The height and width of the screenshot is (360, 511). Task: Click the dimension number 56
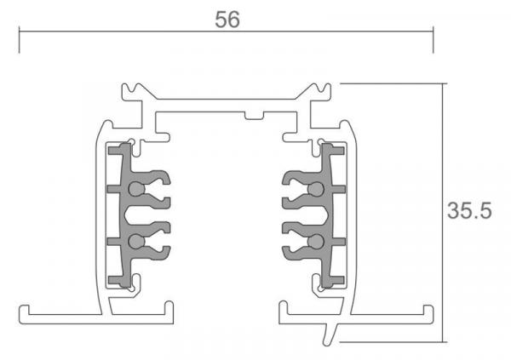tap(227, 21)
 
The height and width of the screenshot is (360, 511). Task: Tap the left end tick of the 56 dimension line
tap(19, 39)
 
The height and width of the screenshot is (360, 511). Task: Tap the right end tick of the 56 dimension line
tap(433, 39)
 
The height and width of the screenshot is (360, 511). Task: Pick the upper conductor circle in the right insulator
tap(316, 189)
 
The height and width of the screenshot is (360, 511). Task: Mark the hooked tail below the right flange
tap(328, 337)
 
